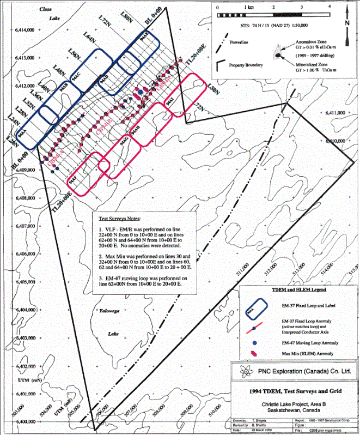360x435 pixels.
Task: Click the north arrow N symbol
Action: pos(346,23)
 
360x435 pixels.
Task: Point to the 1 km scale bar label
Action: pos(248,8)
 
